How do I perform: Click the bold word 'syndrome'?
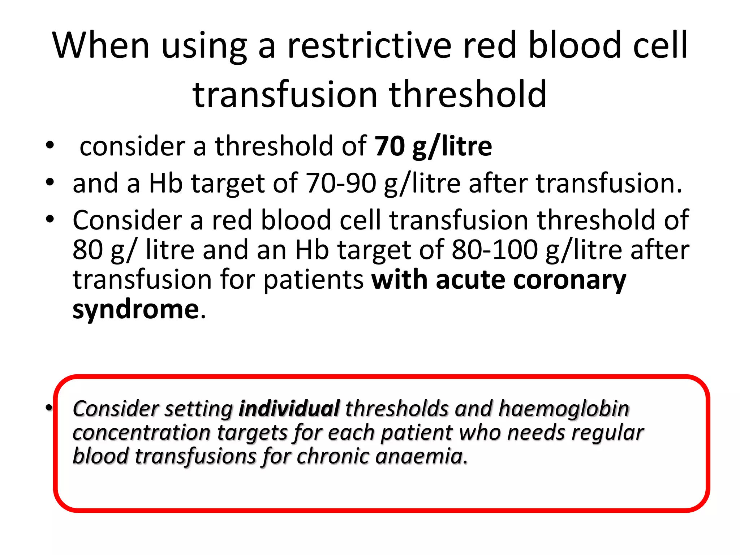pyautogui.click(x=135, y=310)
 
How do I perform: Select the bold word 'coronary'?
pyautogui.click(x=569, y=280)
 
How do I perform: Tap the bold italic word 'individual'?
pyautogui.click(x=289, y=409)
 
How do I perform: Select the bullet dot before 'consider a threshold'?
pyautogui.click(x=50, y=146)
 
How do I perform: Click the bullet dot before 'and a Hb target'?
pyautogui.click(x=50, y=182)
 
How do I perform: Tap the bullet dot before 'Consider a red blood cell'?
pyautogui.click(x=50, y=219)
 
